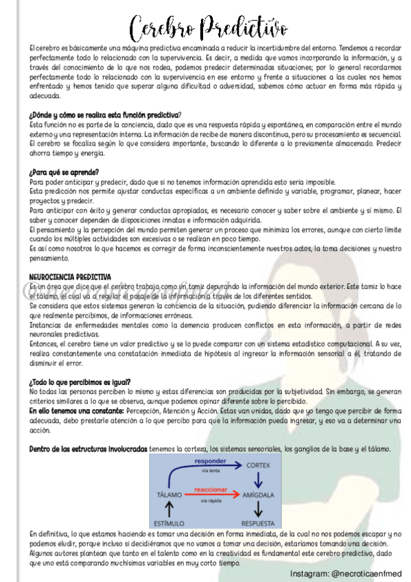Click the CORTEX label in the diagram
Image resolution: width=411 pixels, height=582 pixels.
click(x=259, y=465)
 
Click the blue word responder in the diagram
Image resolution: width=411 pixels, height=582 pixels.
click(x=211, y=460)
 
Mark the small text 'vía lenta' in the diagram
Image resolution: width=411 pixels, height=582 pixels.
click(x=211, y=470)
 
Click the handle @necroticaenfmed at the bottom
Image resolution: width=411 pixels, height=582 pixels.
click(x=369, y=573)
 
